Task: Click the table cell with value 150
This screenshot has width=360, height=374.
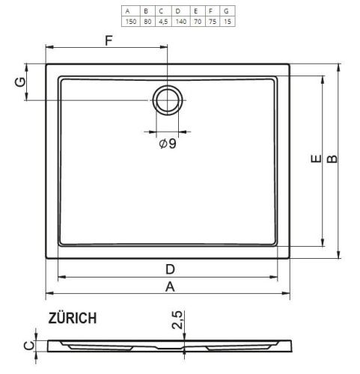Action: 131,22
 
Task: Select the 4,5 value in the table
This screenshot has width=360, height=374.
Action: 163,22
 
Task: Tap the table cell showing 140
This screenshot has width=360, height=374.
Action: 181,22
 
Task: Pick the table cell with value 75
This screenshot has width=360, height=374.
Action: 213,22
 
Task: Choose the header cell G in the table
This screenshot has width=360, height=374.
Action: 226,11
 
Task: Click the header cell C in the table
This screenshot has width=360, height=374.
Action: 161,11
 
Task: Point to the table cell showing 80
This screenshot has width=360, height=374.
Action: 147,22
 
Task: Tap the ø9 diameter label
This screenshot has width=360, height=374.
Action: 168,144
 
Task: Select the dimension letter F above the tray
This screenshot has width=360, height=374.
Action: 109,40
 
